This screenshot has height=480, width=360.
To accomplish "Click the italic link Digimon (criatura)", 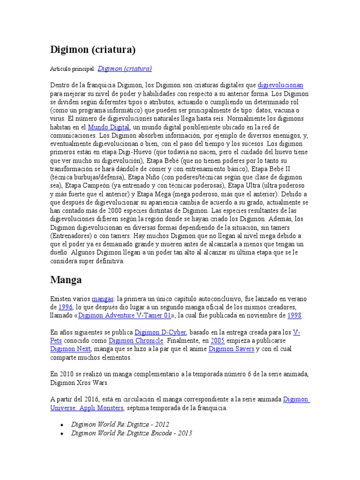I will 124,68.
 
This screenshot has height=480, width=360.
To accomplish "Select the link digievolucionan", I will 281,85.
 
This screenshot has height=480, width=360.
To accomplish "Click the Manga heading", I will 66,280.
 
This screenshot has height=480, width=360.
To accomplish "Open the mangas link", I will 103,299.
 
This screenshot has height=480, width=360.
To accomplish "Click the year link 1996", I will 66,307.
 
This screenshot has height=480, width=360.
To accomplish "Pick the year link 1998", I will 294,315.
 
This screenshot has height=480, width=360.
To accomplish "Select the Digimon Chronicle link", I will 136,341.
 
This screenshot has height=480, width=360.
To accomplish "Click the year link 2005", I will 217,341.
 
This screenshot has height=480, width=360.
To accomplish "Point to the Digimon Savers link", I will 231,349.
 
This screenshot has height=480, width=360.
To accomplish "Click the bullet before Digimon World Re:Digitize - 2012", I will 62,425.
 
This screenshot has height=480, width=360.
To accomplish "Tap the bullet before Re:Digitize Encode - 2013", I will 62,433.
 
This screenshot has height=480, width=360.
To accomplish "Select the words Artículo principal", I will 72,69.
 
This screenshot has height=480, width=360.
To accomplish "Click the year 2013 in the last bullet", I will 185,433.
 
